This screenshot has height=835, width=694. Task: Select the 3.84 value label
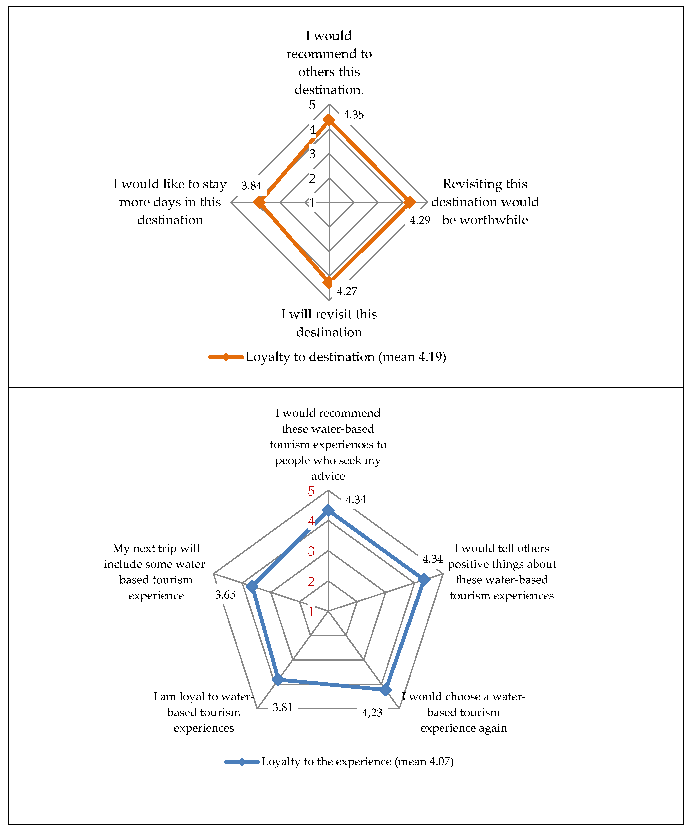point(251,186)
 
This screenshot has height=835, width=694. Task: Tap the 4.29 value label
point(420,220)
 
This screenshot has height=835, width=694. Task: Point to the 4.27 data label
point(347,291)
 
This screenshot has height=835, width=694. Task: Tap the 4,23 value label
point(372,713)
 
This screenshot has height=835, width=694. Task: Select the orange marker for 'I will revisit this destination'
point(328,283)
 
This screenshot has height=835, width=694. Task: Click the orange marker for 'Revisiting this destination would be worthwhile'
point(409,203)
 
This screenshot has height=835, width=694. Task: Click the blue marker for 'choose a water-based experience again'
point(385,689)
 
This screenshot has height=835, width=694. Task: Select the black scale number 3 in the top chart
point(313,154)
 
